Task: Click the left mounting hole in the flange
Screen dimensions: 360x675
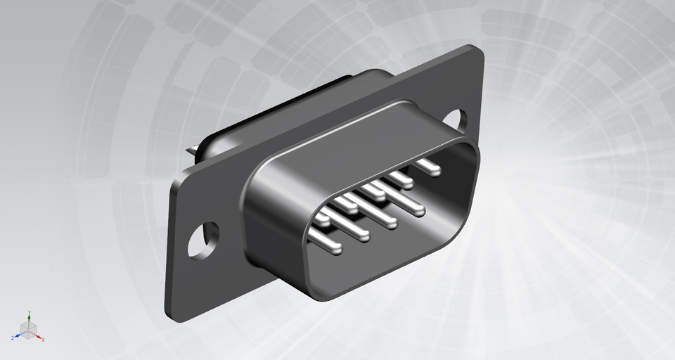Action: (x=203, y=239)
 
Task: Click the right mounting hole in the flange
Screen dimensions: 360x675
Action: (x=455, y=121)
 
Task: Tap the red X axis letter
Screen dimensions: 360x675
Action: (x=44, y=340)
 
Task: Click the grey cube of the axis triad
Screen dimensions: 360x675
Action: (x=28, y=330)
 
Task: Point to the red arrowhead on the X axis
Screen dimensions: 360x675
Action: (x=39, y=337)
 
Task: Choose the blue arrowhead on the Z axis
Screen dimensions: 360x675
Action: (x=17, y=336)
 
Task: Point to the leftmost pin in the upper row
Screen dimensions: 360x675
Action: (x=321, y=219)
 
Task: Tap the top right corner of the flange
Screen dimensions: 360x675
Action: (x=479, y=51)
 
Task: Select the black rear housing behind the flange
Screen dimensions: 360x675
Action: (x=281, y=105)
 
